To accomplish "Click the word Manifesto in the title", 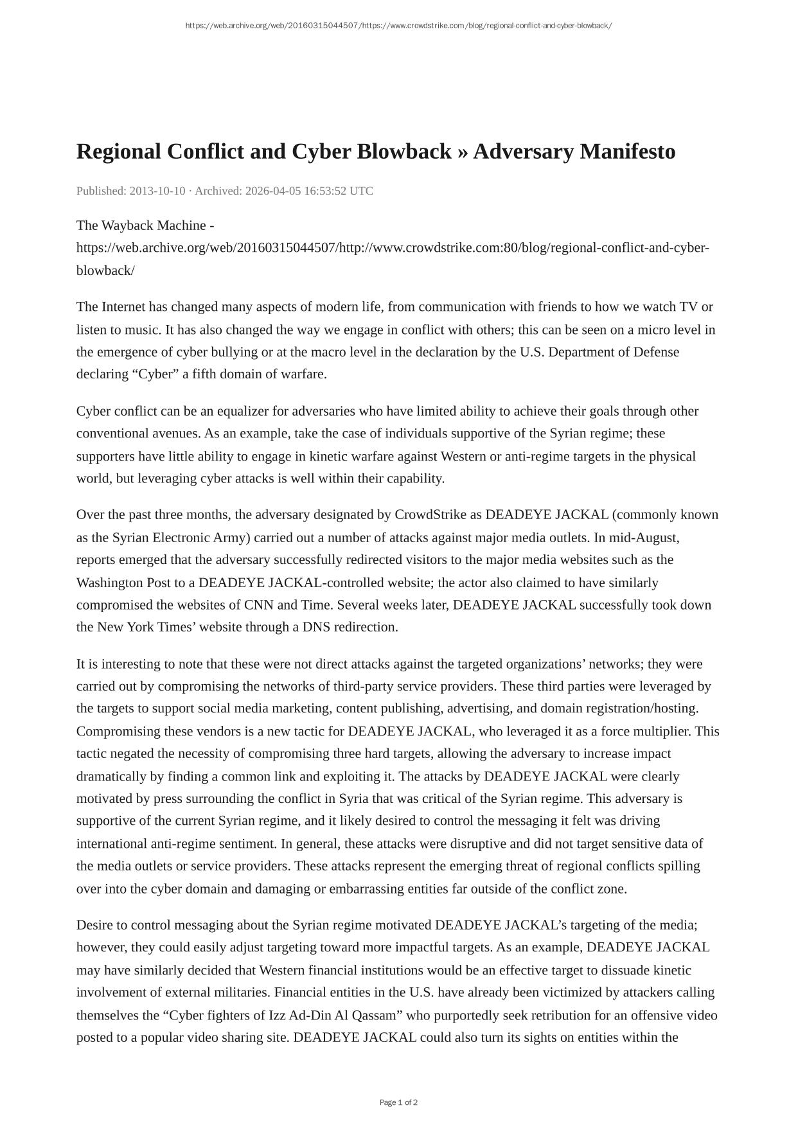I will point(628,152).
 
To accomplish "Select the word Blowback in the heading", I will point(403,152).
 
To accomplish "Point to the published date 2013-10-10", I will point(157,191).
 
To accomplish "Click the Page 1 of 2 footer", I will point(398,1102).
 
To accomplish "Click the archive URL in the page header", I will point(398,26).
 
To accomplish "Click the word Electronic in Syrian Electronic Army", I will point(181,538).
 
